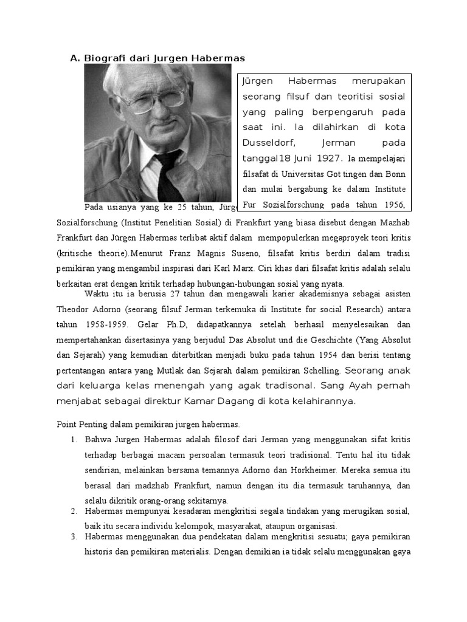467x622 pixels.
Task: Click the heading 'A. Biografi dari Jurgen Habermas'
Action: [x=157, y=58]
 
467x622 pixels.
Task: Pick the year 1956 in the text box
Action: [x=393, y=205]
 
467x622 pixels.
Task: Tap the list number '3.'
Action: [x=74, y=536]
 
